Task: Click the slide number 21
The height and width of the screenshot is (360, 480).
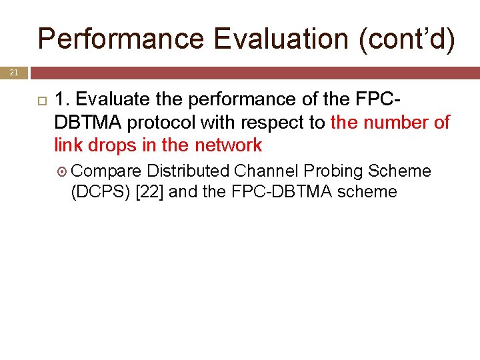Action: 14,72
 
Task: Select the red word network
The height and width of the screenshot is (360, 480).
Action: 228,145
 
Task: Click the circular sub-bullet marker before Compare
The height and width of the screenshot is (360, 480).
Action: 63,172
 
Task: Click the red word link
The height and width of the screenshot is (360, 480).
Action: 69,145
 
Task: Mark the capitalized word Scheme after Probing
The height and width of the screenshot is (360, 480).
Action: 399,171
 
